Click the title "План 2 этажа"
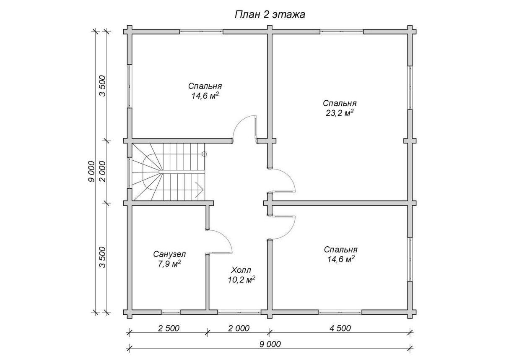tap(270, 15)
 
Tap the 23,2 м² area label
tap(340, 113)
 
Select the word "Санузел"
tap(169, 254)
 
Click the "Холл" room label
tap(241, 270)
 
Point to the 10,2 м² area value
tap(242, 280)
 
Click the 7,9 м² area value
tap(169, 264)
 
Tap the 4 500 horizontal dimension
tap(340, 328)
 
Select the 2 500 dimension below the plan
tap(169, 328)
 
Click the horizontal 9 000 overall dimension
tap(270, 344)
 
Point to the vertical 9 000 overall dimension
tap(91, 172)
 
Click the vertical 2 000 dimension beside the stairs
tap(103, 172)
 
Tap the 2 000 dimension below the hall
tap(239, 328)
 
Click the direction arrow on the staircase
tap(199, 190)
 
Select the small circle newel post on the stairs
tap(204, 154)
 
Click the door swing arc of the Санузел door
tap(225, 237)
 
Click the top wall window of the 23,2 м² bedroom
tap(342, 31)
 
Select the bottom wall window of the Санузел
tap(171, 312)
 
